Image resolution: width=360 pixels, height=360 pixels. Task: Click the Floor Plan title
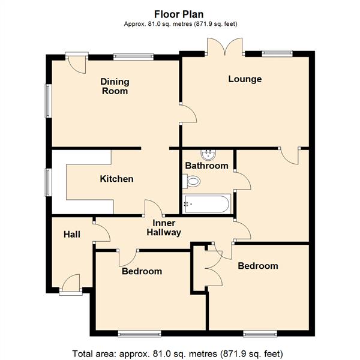179,14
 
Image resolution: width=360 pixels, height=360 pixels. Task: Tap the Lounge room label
245,79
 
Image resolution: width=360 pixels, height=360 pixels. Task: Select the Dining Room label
115,86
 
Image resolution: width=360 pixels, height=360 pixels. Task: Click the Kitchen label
116,179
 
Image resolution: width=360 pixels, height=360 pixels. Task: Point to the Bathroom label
206,166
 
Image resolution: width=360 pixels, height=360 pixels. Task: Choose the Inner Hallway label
164,228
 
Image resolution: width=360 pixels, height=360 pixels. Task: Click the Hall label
72,235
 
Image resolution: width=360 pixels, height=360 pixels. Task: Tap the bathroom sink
208,155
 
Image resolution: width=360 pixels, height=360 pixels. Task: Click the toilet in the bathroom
191,181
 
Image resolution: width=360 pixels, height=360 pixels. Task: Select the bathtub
206,204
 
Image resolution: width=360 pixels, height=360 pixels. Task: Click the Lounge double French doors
225,47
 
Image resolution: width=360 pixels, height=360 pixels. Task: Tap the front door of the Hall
71,284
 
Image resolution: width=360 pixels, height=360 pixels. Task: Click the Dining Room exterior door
77,62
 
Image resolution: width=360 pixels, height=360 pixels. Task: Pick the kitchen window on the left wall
48,182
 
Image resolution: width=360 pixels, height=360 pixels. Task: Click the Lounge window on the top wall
277,53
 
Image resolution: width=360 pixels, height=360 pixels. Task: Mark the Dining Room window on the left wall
48,101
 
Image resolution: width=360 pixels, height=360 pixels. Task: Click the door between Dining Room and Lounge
188,113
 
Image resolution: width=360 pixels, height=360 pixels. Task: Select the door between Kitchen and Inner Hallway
154,208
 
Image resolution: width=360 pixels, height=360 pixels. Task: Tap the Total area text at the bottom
178,354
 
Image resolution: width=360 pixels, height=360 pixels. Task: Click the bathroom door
242,181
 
